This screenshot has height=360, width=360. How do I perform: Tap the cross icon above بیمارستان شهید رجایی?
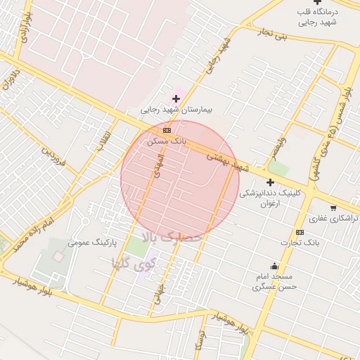tap(176, 98)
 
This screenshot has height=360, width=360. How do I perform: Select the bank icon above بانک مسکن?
tap(167, 130)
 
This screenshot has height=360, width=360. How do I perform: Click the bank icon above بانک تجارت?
tap(300, 232)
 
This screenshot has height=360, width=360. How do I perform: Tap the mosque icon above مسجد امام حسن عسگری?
tap(274, 266)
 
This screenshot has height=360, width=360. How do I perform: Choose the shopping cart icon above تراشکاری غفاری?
tap(333, 207)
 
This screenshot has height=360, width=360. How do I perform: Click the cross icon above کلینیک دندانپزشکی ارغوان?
tap(269, 182)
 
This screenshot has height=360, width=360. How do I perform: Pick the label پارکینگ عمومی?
tap(91, 243)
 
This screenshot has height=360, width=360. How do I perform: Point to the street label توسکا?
tap(201, 341)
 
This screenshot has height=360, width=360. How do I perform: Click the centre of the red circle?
tap(180, 180)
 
